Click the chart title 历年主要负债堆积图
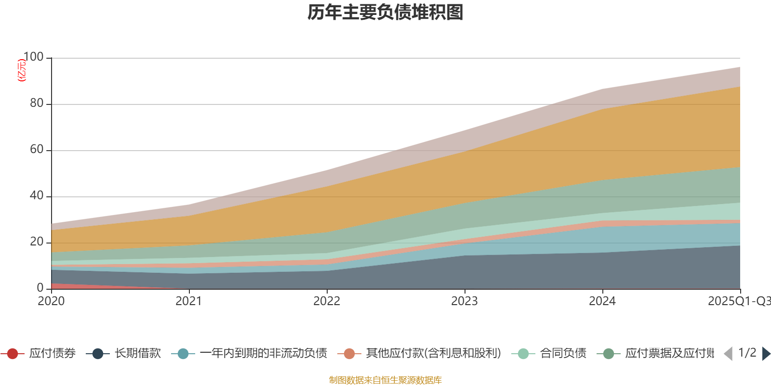[x=385, y=13]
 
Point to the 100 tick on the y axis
[x=33, y=57]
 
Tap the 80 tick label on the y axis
[x=37, y=103]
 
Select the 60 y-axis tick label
[x=37, y=150]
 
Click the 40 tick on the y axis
[x=37, y=196]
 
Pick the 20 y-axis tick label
[x=37, y=242]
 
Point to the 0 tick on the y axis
[x=40, y=288]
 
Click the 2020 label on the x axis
[x=51, y=301]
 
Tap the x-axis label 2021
[x=189, y=301]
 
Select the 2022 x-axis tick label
[x=327, y=301]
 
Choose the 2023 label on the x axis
[x=465, y=301]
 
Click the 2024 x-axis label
[x=602, y=301]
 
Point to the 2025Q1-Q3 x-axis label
[x=739, y=301]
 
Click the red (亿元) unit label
[x=21, y=70]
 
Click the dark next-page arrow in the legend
[x=766, y=354]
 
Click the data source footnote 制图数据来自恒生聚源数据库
[x=385, y=380]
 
